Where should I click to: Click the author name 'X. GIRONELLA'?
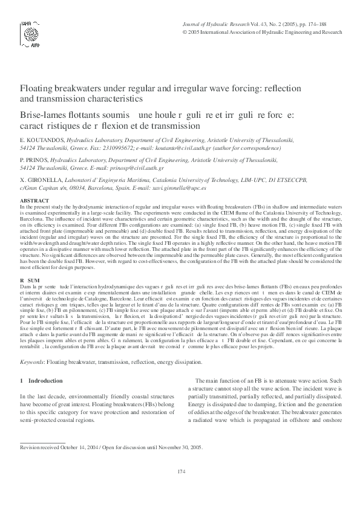coord(40,180)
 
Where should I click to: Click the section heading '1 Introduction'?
coord(42,380)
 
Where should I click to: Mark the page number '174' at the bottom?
coord(180,488)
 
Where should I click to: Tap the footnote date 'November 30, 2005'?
coord(181,448)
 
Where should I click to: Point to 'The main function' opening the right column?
coord(218,380)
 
